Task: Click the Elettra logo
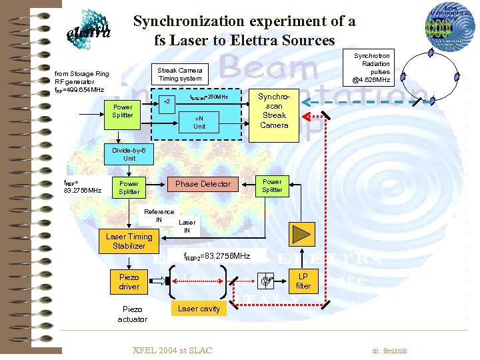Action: tap(89, 29)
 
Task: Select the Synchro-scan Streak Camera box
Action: tap(274, 111)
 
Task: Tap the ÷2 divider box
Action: tap(168, 101)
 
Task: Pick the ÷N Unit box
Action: tap(199, 122)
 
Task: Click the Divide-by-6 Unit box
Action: tap(123, 155)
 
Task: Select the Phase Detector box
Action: tap(203, 184)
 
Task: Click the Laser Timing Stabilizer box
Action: tap(129, 241)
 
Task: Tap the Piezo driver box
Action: tap(129, 282)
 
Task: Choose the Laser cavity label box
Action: tap(199, 309)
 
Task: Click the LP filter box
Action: tap(303, 281)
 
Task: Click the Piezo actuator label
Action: tap(132, 314)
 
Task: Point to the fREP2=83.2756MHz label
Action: tap(217, 256)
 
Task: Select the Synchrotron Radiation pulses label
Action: tap(371, 68)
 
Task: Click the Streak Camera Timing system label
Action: tap(180, 74)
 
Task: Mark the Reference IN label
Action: tap(159, 215)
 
